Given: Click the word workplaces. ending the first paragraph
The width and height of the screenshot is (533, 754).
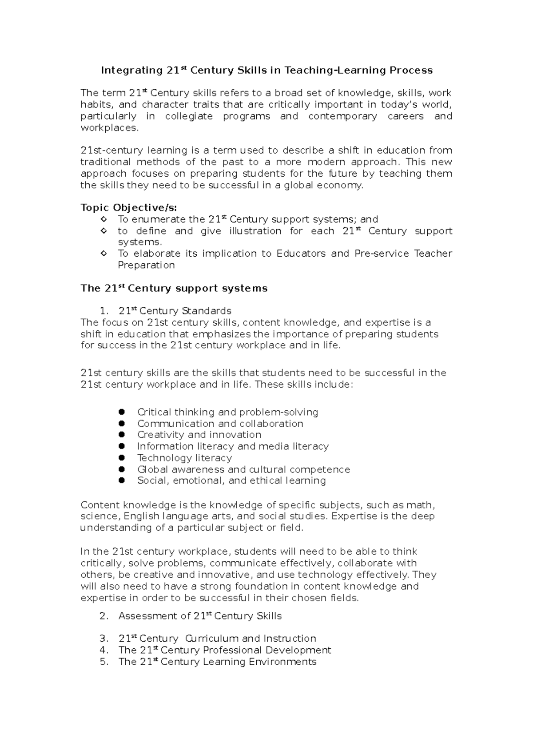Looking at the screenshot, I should pyautogui.click(x=110, y=128).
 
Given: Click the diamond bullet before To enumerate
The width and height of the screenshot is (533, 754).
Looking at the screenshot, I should pyautogui.click(x=104, y=219).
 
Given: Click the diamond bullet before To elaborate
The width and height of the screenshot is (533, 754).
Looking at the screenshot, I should pyautogui.click(x=104, y=254).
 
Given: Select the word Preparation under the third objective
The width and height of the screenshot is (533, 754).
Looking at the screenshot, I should pyautogui.click(x=146, y=265).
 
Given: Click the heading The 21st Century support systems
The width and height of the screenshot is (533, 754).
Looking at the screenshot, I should pyautogui.click(x=174, y=288).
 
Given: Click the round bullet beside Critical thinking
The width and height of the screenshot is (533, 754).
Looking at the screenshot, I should pyautogui.click(x=122, y=412).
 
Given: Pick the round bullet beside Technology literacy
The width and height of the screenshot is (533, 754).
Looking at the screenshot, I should pyautogui.click(x=122, y=458).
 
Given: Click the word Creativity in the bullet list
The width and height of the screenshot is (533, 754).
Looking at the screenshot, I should pyautogui.click(x=160, y=435).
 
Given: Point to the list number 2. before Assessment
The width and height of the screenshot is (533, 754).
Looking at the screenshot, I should pyautogui.click(x=104, y=616).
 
